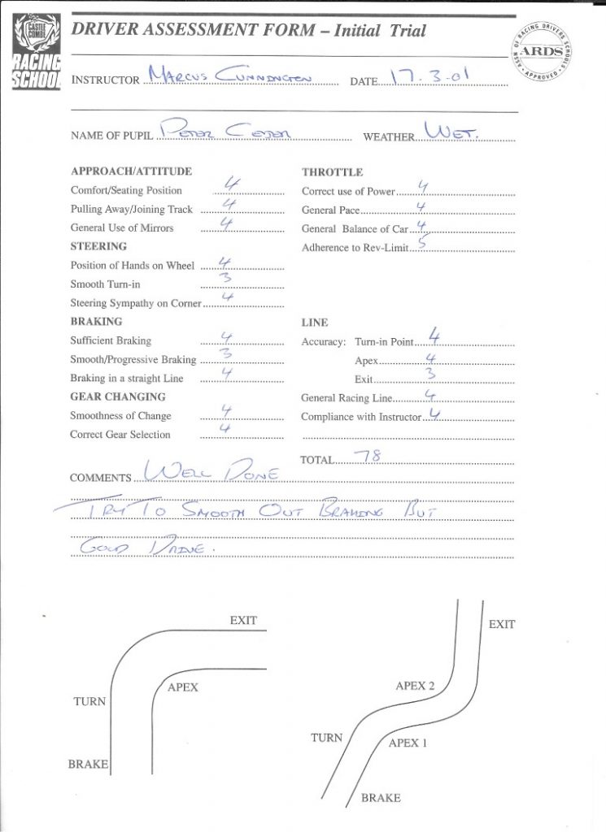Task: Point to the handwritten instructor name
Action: tap(236, 78)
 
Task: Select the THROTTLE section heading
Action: tap(332, 172)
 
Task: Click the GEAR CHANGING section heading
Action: tap(118, 397)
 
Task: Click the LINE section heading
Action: tap(315, 323)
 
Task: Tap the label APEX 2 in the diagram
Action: tap(415, 686)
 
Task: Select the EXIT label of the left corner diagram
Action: tap(243, 621)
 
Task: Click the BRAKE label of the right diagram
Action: tap(381, 798)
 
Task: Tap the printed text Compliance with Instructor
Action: tap(362, 417)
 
